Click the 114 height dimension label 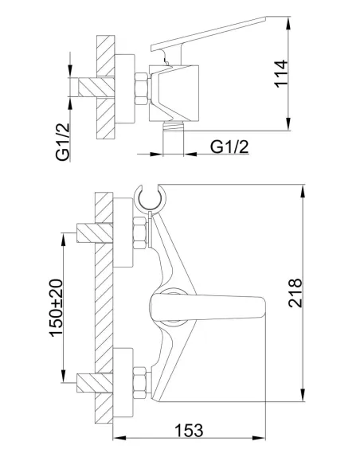(x=280, y=74)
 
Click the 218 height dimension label (x=295, y=293)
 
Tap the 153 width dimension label (x=189, y=430)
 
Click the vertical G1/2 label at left (x=63, y=142)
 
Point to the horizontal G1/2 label (x=229, y=147)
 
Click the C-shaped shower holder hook (x=150, y=197)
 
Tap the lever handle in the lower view (x=207, y=308)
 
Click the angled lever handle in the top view (x=209, y=33)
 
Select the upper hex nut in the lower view (x=139, y=233)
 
